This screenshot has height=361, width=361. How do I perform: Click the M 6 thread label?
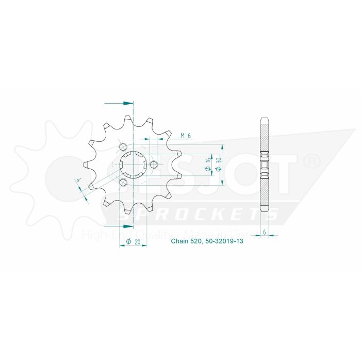(186, 136)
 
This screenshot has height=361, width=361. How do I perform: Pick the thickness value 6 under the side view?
(265, 233)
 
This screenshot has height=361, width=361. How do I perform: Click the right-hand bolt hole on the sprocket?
(154, 165)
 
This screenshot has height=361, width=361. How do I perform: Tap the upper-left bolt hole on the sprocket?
(123, 147)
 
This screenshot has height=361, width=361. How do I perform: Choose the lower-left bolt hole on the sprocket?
(123, 183)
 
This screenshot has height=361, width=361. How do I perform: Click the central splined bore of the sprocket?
(133, 165)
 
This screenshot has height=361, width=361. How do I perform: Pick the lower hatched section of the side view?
(265, 193)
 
